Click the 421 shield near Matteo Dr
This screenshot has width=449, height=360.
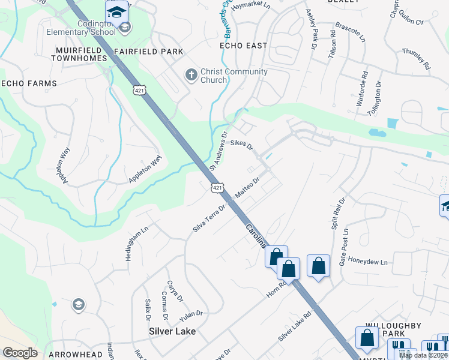click(218, 188)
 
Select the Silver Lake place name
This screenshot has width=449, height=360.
click(172, 331)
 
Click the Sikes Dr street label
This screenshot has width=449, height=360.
click(242, 144)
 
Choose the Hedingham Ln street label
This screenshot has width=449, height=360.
click(136, 242)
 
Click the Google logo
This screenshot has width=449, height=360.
click(20, 353)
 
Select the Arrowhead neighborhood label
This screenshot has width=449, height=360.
click(75, 355)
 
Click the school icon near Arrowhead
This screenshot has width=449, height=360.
click(77, 305)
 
